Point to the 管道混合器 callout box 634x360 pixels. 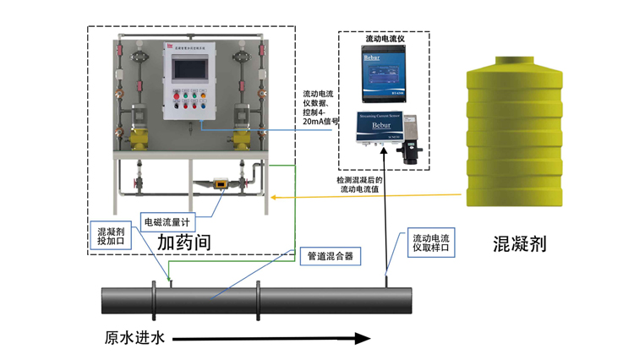pyautogui.click(x=326, y=254)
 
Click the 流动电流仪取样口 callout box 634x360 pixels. pyautogui.click(x=431, y=243)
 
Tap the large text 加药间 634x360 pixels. pyautogui.click(x=183, y=242)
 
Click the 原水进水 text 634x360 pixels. pyautogui.click(x=133, y=338)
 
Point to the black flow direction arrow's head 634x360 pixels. pyautogui.click(x=363, y=338)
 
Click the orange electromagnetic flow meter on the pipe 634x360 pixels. pyautogui.click(x=217, y=181)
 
